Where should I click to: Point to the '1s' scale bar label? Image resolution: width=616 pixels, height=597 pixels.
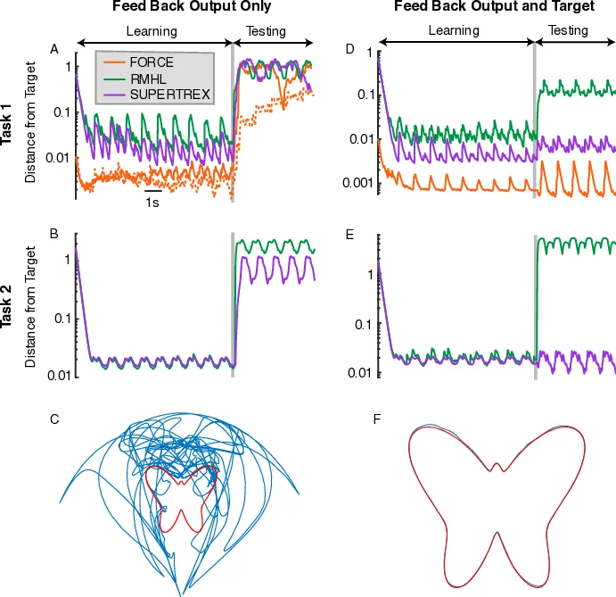coord(153,202)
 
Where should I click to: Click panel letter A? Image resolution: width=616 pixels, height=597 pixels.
coord(54,48)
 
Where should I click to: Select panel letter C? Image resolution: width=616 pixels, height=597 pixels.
coord(54,419)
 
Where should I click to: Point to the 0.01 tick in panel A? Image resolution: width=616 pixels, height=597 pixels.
coord(57,158)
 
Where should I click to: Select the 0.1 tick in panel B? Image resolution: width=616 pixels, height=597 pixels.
coord(61,319)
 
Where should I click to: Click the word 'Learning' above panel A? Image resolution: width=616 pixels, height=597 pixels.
coord(151,31)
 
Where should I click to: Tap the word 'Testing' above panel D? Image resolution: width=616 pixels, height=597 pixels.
coord(568,30)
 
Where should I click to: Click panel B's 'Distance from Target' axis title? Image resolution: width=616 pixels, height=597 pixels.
coord(32,306)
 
